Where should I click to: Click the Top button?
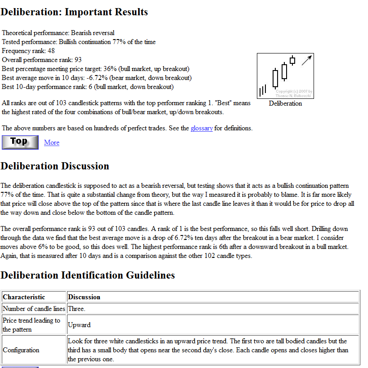pyautogui.click(x=20, y=142)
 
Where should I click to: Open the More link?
pyautogui.click(x=52, y=142)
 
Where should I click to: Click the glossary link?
pyautogui.click(x=202, y=128)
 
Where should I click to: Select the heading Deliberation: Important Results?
pyautogui.click(x=74, y=12)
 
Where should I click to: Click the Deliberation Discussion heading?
pyautogui.click(x=55, y=166)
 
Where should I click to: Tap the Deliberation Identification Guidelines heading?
pyautogui.click(x=88, y=275)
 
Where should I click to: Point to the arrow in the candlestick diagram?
pyautogui.click(x=307, y=60)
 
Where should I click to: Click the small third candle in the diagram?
pyautogui.click(x=292, y=60)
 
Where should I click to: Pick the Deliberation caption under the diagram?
pyautogui.click(x=285, y=103)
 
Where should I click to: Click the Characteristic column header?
pyautogui.click(x=24, y=297)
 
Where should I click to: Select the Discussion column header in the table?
pyautogui.click(x=84, y=297)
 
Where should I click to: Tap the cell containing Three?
pyautogui.click(x=76, y=309)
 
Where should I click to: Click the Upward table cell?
pyautogui.click(x=79, y=324)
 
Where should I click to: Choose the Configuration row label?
pyautogui.click(x=21, y=350)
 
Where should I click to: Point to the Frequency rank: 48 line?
pyautogui.click(x=28, y=51)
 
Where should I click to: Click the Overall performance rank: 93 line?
pyautogui.click(x=42, y=60)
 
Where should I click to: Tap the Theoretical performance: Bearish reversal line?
pyautogui.click(x=58, y=33)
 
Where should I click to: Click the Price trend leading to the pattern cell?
pyautogui.click(x=31, y=324)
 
